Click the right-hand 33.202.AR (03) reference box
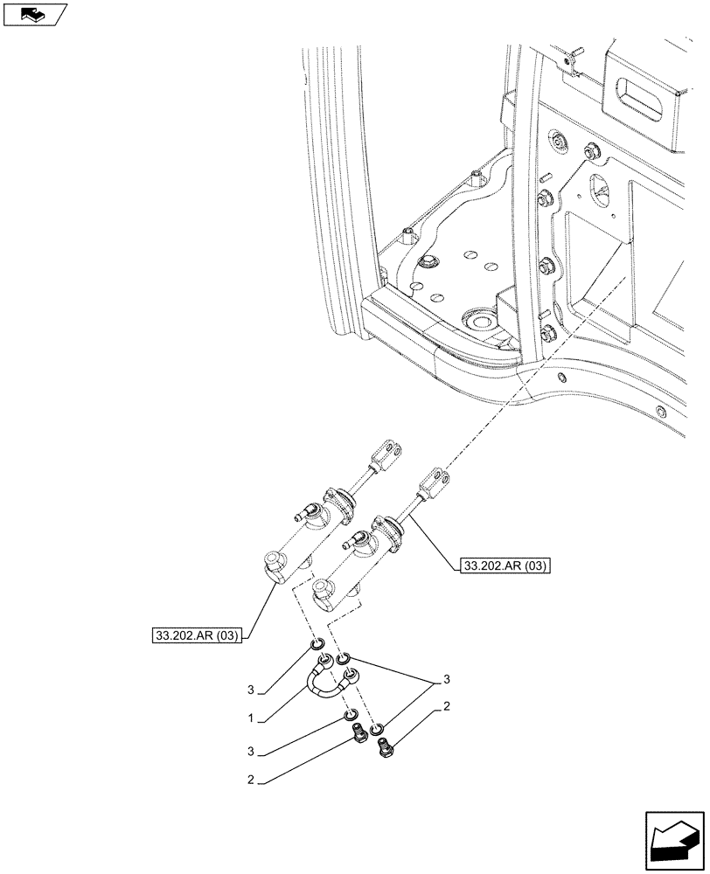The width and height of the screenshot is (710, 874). click(x=502, y=566)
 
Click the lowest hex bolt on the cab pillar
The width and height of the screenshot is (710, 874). click(x=550, y=332)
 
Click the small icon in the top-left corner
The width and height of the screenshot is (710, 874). click(x=34, y=14)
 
